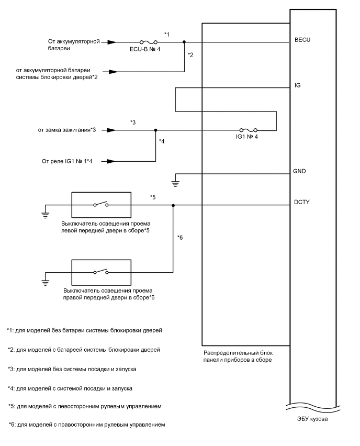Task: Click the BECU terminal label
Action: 304,40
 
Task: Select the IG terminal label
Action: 298,85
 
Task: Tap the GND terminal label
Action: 300,171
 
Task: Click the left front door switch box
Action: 101,205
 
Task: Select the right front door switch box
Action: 101,272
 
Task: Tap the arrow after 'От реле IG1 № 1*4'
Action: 111,161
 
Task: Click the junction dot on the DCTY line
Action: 173,205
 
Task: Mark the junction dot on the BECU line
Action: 184,41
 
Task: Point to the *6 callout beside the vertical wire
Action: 180,238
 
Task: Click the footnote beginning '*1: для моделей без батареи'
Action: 84,330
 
